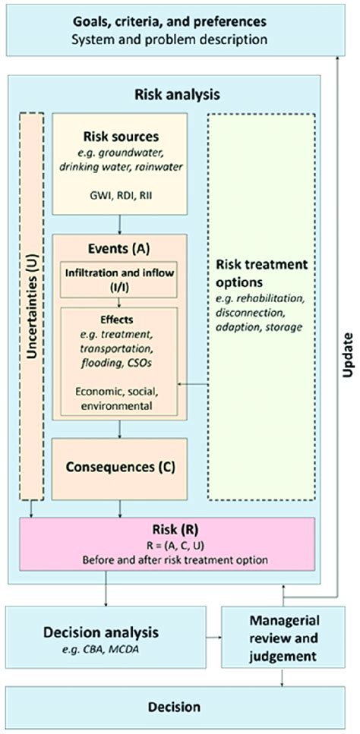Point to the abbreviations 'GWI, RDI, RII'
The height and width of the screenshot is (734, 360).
120,194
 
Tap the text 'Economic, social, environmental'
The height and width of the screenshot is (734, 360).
120,399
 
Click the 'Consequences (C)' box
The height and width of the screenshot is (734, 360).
120,466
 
